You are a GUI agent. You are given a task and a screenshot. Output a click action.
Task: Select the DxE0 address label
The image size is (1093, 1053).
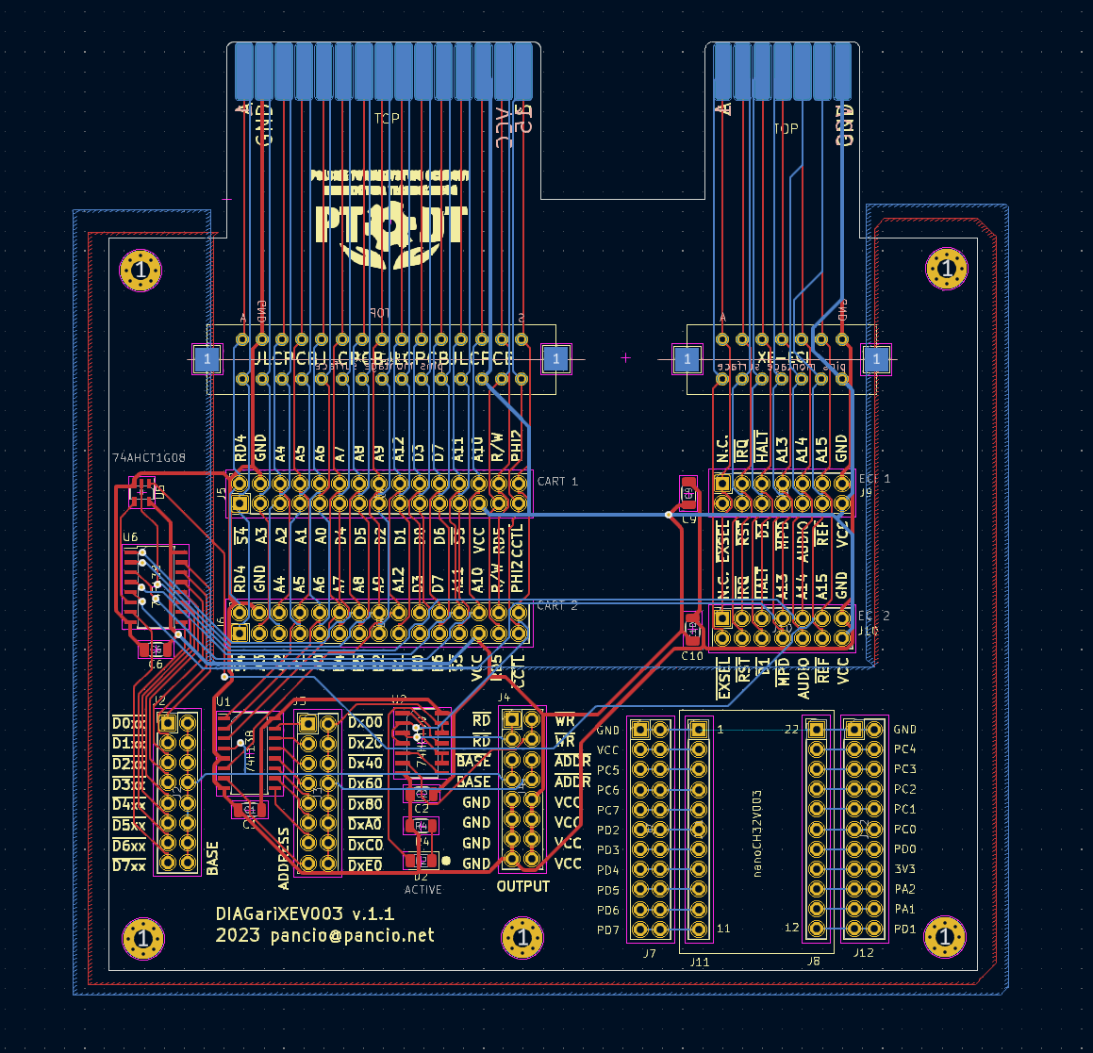tap(365, 864)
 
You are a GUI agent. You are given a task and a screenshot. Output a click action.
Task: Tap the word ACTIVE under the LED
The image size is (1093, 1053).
tap(422, 889)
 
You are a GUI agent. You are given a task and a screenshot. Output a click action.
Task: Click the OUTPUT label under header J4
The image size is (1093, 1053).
tap(522, 886)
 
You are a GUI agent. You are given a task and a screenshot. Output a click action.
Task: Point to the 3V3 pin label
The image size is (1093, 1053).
tap(904, 869)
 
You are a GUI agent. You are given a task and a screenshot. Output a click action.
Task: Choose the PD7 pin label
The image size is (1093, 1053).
tap(608, 930)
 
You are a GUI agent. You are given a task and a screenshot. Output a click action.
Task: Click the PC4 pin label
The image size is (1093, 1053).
tap(904, 749)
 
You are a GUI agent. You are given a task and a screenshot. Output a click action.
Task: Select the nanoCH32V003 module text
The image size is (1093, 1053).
tap(757, 833)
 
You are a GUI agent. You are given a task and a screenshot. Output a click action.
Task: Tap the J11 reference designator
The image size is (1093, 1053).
tap(699, 963)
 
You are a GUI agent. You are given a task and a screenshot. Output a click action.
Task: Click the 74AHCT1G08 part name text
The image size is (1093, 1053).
tap(149, 458)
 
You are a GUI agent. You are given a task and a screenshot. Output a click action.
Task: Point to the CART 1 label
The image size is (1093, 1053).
tap(557, 482)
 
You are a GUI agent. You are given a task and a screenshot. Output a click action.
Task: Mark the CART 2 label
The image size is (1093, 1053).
tap(557, 605)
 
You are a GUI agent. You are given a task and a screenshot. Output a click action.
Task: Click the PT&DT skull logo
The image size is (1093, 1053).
tap(389, 220)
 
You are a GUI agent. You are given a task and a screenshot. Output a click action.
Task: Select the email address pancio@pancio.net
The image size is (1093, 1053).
tap(352, 935)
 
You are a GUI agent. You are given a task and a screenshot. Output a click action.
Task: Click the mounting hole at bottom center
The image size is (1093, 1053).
tap(522, 938)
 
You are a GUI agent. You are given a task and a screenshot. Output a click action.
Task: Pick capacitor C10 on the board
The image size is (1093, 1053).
tap(692, 627)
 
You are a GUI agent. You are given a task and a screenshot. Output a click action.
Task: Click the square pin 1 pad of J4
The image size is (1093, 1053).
tap(512, 719)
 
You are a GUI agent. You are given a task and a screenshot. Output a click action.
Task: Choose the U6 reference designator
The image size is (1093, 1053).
tap(130, 537)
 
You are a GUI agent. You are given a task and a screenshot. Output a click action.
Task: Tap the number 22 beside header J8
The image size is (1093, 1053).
tap(791, 729)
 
